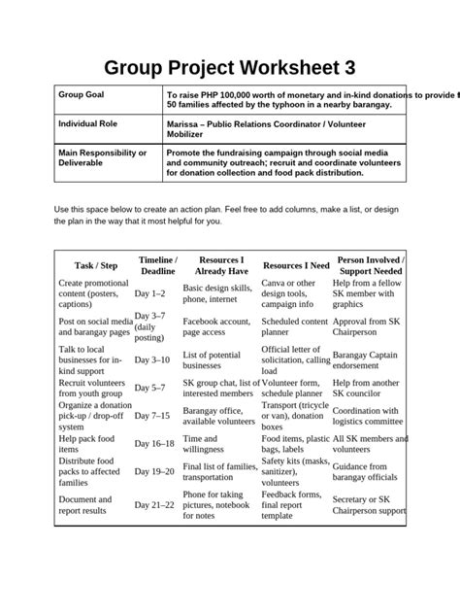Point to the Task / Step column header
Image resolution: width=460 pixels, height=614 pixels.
click(95, 265)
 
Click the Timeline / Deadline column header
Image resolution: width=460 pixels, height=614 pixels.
click(157, 266)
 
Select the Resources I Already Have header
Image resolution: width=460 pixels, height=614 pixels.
click(220, 266)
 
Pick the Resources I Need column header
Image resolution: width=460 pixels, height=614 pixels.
click(296, 265)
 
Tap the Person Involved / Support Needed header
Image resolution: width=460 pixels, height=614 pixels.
click(371, 266)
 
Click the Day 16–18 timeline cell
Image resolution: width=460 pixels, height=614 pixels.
click(154, 444)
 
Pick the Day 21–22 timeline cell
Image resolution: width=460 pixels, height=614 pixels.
click(154, 505)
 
